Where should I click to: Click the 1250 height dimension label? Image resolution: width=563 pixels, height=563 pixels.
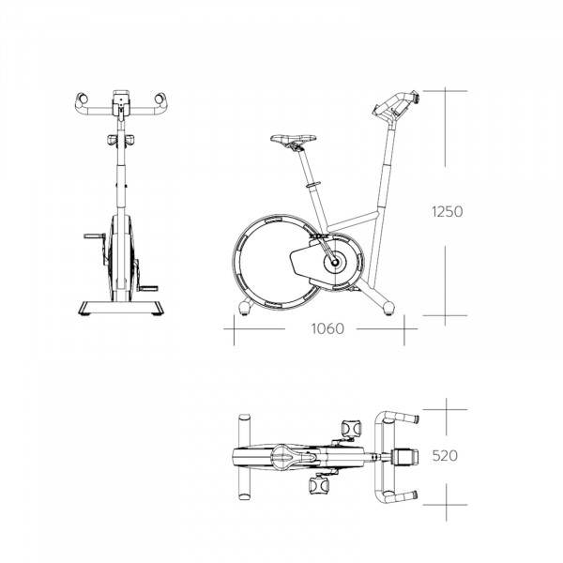click(x=447, y=212)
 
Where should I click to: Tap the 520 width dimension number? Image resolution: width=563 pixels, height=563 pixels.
click(x=447, y=457)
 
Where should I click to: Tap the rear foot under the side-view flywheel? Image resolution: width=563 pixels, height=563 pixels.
click(x=247, y=307)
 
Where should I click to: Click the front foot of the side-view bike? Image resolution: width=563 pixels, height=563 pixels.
click(x=386, y=305)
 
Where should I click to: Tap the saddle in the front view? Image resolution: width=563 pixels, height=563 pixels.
click(x=120, y=141)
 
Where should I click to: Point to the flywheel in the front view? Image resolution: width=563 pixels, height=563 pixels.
click(x=119, y=258)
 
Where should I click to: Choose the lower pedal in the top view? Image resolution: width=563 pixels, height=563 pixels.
click(x=319, y=485)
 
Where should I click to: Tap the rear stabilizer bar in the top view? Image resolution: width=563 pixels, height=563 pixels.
click(x=244, y=456)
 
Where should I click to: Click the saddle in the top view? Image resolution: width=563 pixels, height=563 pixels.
click(x=286, y=456)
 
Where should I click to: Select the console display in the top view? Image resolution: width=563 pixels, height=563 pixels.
click(x=403, y=457)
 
